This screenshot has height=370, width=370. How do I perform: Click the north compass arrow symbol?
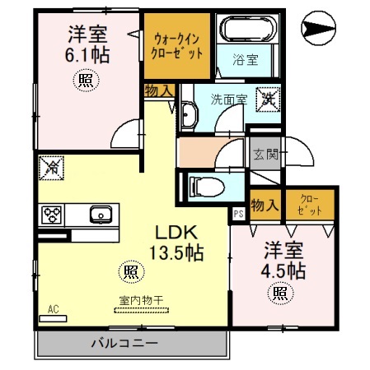316,32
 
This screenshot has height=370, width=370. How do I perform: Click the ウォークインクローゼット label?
178,44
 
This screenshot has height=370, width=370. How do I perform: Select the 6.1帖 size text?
88,55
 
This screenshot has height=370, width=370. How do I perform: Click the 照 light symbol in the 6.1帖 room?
87,80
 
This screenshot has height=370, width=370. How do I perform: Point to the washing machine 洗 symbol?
268,99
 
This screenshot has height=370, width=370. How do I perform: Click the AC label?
53,310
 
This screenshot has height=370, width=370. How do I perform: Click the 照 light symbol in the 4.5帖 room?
280,293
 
